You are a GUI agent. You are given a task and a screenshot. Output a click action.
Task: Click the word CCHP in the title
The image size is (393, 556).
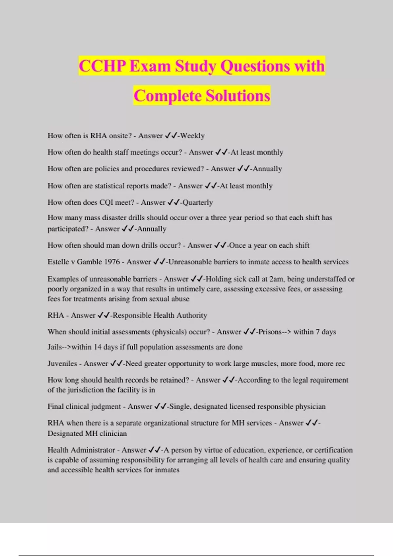coord(102,66)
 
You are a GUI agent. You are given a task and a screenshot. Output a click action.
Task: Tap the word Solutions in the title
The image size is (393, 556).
coord(238,96)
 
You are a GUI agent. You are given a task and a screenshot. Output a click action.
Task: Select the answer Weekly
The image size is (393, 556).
coord(192,136)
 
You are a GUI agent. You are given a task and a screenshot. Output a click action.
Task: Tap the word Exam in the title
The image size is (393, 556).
coord(150,66)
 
